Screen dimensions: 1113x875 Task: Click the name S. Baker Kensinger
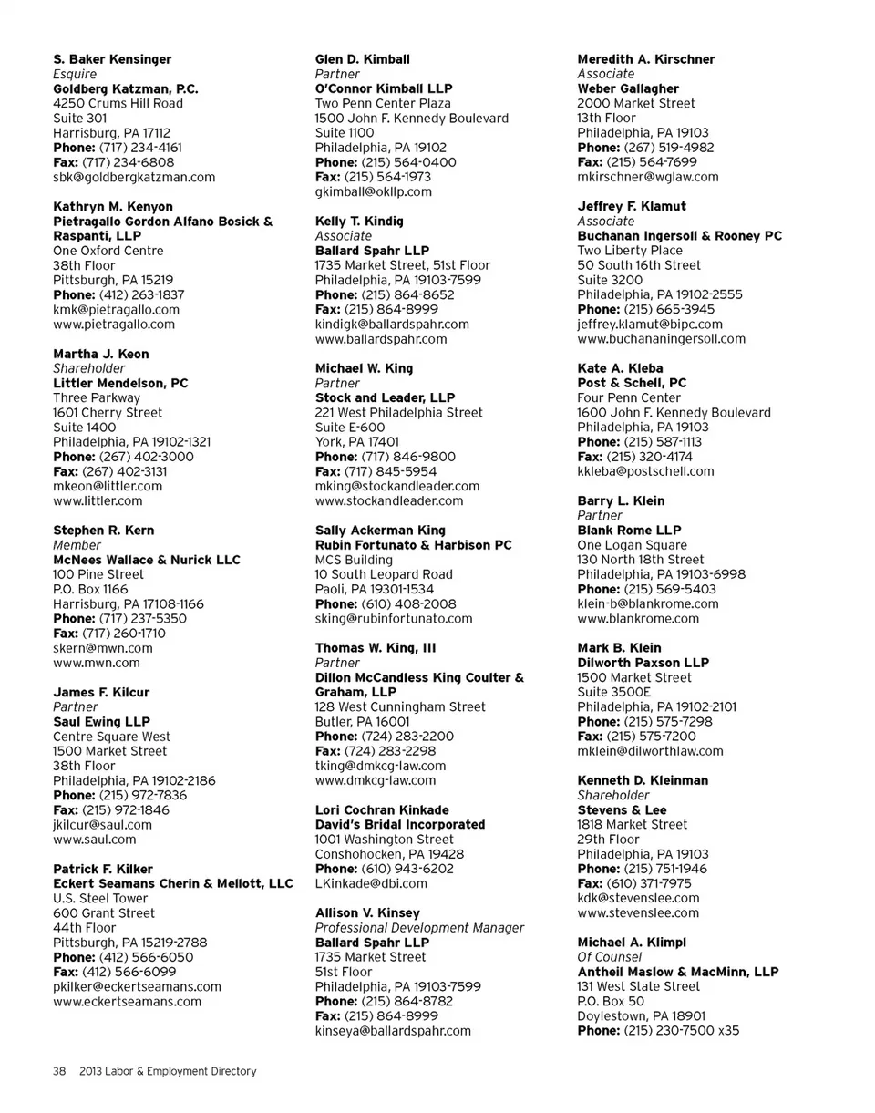click(x=112, y=59)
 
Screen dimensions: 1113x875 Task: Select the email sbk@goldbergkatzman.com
click(x=134, y=177)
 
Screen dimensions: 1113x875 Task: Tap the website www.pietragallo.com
click(x=114, y=324)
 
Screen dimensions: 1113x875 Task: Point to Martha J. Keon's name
click(x=101, y=354)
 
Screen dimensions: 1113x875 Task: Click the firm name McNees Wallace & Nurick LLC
click(x=147, y=560)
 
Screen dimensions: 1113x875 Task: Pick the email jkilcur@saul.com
click(x=103, y=824)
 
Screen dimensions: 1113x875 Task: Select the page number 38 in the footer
click(x=59, y=1071)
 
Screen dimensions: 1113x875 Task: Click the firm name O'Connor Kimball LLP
click(x=384, y=88)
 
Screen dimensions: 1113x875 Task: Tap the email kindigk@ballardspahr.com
click(x=392, y=324)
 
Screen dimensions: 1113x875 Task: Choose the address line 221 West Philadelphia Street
click(x=399, y=412)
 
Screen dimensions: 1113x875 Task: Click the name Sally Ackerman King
click(x=380, y=530)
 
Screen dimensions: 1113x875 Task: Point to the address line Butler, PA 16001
click(x=362, y=721)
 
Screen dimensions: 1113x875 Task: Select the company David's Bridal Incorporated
click(x=400, y=824)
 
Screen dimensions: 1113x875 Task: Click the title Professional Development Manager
click(x=419, y=927)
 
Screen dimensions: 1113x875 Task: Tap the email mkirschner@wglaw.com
click(x=648, y=177)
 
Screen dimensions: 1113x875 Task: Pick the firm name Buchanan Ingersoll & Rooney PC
click(x=680, y=235)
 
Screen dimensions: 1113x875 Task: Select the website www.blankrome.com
click(x=638, y=618)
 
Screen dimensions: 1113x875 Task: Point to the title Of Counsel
click(x=610, y=957)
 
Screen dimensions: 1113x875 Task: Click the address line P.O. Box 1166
click(x=90, y=589)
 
